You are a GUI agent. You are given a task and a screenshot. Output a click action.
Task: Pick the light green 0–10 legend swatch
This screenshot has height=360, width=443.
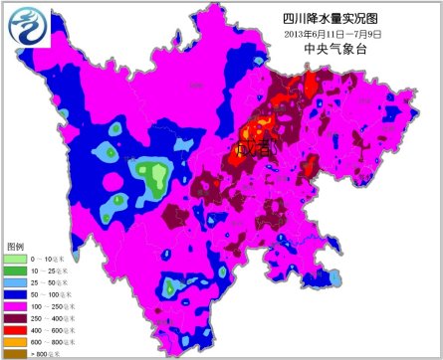(x=15, y=259)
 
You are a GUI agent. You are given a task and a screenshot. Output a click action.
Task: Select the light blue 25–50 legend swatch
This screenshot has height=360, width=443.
(x=15, y=281)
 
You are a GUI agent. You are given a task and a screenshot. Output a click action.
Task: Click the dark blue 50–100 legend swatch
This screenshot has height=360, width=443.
(x=15, y=293)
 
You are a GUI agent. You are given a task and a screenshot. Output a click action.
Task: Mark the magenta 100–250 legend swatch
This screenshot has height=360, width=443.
(x=15, y=305)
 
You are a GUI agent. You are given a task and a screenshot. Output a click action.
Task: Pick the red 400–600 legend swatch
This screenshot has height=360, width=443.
(x=15, y=329)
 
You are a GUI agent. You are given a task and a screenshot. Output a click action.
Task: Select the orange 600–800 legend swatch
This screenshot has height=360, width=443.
(x=15, y=341)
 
